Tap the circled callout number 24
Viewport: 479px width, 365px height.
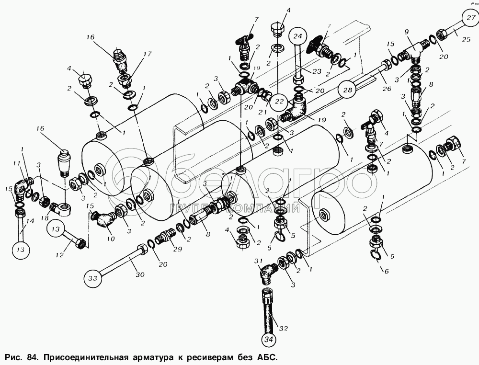pyautogui.click(x=297, y=35)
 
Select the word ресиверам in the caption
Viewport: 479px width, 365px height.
pyautogui.click(x=214, y=357)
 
